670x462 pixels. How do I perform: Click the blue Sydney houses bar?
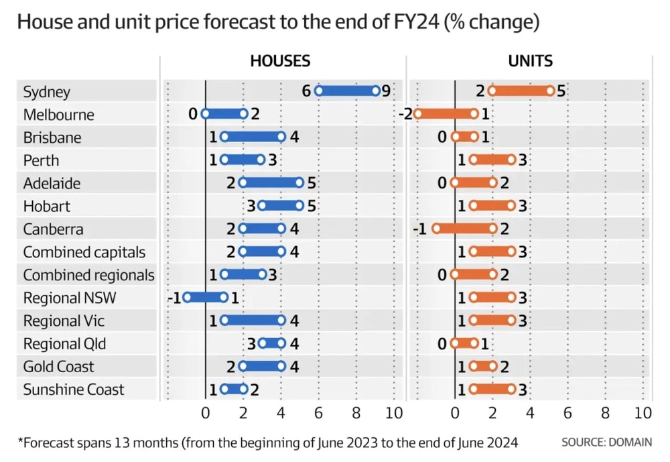(347, 91)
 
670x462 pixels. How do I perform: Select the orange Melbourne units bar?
(446, 114)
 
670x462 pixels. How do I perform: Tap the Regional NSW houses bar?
(206, 297)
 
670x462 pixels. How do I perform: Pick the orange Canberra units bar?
(464, 229)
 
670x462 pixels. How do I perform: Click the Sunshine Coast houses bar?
(233, 389)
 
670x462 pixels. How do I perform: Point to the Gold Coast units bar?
(483, 366)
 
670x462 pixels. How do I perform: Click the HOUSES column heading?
(280, 61)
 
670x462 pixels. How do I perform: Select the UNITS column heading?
(530, 61)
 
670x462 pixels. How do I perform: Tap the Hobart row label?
(46, 206)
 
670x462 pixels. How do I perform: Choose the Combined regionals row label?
(88, 275)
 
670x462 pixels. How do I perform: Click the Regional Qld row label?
(64, 344)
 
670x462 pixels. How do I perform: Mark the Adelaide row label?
(53, 183)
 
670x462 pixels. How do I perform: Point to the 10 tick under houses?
(394, 413)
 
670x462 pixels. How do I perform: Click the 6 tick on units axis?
(567, 413)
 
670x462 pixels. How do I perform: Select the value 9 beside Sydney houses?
(386, 91)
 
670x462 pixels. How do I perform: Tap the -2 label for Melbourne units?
(405, 114)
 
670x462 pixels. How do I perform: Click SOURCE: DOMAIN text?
(606, 443)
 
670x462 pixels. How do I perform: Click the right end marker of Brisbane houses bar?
(281, 137)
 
